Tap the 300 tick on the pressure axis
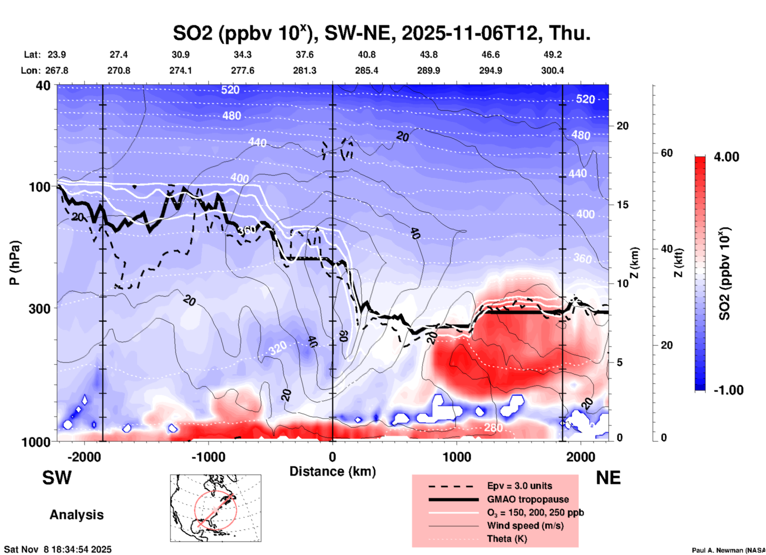click(x=39, y=309)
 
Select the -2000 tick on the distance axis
click(x=84, y=457)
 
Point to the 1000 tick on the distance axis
click(x=457, y=457)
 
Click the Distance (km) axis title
click(x=332, y=471)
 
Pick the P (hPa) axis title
click(x=15, y=263)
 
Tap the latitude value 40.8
click(x=366, y=55)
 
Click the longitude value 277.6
click(x=243, y=70)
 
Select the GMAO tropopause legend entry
click(x=528, y=499)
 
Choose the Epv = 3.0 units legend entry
click(x=519, y=486)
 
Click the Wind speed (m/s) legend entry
click(x=525, y=526)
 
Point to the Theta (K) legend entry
click(x=507, y=539)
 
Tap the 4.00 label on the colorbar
click(x=726, y=157)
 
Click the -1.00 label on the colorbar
click(x=728, y=390)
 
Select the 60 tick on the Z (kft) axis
click(x=667, y=153)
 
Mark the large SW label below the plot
click(x=57, y=478)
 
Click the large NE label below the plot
click(x=608, y=478)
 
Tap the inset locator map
click(x=216, y=508)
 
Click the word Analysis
click(x=76, y=515)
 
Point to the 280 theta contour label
click(x=493, y=428)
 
